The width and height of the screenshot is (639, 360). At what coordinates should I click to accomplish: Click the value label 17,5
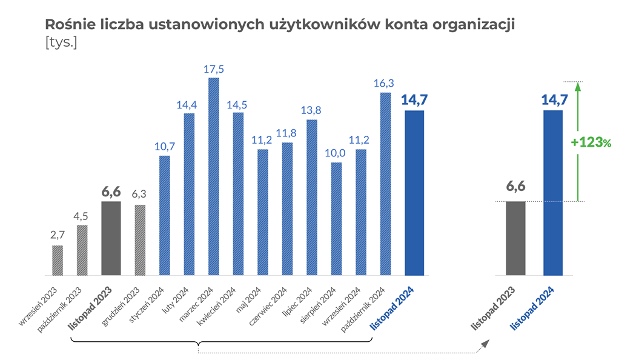point(214,69)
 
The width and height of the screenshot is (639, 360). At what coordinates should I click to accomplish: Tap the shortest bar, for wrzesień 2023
point(58,261)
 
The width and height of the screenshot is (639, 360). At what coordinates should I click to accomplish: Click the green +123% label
point(591,142)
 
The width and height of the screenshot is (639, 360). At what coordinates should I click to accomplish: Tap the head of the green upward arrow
point(578,86)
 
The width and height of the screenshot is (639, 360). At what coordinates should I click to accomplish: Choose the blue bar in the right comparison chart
point(554,193)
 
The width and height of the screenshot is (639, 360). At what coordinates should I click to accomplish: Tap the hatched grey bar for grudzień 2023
point(141,240)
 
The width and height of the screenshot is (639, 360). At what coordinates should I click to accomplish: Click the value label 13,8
point(311,111)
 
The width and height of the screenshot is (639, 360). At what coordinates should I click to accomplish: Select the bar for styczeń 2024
point(165,216)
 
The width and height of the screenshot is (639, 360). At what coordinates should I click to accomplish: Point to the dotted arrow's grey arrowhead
point(484,344)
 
